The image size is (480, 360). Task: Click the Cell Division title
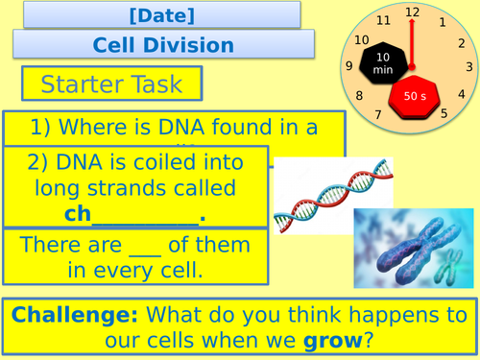(x=163, y=44)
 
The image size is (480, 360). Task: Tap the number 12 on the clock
(x=413, y=12)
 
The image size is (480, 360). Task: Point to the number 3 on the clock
(x=468, y=66)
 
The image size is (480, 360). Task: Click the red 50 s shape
(x=414, y=95)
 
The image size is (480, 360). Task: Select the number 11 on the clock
(x=384, y=20)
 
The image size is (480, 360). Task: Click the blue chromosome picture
(x=413, y=250)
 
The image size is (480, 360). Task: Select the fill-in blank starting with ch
(x=134, y=213)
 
